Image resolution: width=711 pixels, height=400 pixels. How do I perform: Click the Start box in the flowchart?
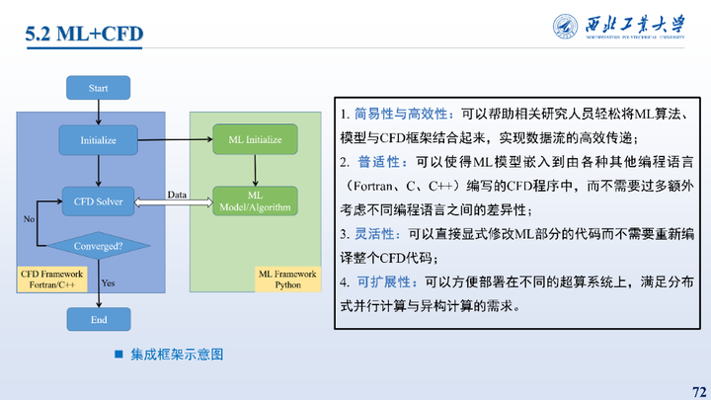tap(98, 88)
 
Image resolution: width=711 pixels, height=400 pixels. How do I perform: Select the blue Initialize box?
tap(98, 140)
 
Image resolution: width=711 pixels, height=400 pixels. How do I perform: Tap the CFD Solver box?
tap(98, 201)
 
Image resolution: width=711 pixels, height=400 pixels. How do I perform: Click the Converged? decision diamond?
tap(98, 245)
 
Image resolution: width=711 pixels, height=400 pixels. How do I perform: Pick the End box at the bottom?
tap(98, 320)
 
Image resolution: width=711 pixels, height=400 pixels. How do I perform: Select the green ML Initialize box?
tap(255, 139)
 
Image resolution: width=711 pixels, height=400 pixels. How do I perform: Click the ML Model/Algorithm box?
tap(255, 201)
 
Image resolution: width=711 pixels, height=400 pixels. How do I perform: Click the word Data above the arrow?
tap(178, 194)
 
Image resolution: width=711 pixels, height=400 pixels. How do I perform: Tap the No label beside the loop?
tap(29, 218)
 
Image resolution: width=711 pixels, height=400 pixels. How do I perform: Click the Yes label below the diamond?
tap(109, 283)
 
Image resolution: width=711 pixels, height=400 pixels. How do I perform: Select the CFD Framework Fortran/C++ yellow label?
tap(53, 277)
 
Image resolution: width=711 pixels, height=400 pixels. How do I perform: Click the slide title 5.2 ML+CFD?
tap(84, 35)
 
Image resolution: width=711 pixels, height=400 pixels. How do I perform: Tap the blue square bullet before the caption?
tap(118, 353)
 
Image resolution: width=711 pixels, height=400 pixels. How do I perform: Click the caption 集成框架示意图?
tap(178, 353)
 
